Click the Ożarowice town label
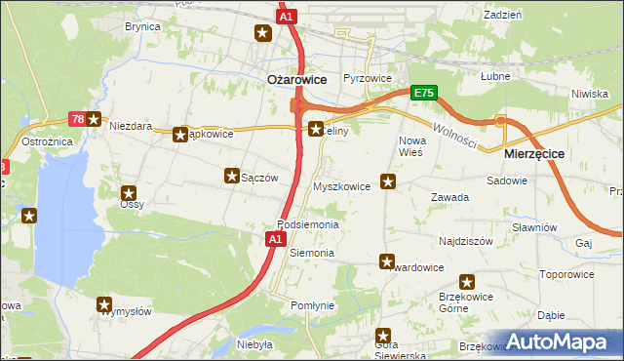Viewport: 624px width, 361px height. coord(296,81)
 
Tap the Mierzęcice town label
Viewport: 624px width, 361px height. coord(534,154)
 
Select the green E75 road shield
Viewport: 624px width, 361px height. coord(423,93)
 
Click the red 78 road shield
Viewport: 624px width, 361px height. coord(77,120)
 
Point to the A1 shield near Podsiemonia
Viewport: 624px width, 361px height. coord(275,237)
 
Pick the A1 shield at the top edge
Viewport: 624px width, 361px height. coord(286,17)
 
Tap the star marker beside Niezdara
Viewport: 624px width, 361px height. coord(95,120)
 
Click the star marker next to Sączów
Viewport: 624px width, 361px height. coord(232,177)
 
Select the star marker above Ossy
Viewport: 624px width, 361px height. coord(127,193)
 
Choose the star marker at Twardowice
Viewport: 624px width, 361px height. coord(387,261)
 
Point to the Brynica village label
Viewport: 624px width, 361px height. coord(142,27)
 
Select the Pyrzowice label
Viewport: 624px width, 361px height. coord(368,77)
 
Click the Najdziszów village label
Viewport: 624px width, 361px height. coord(466,240)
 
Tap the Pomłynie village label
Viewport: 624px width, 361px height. coord(312,305)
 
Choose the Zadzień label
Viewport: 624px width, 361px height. coord(502,16)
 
